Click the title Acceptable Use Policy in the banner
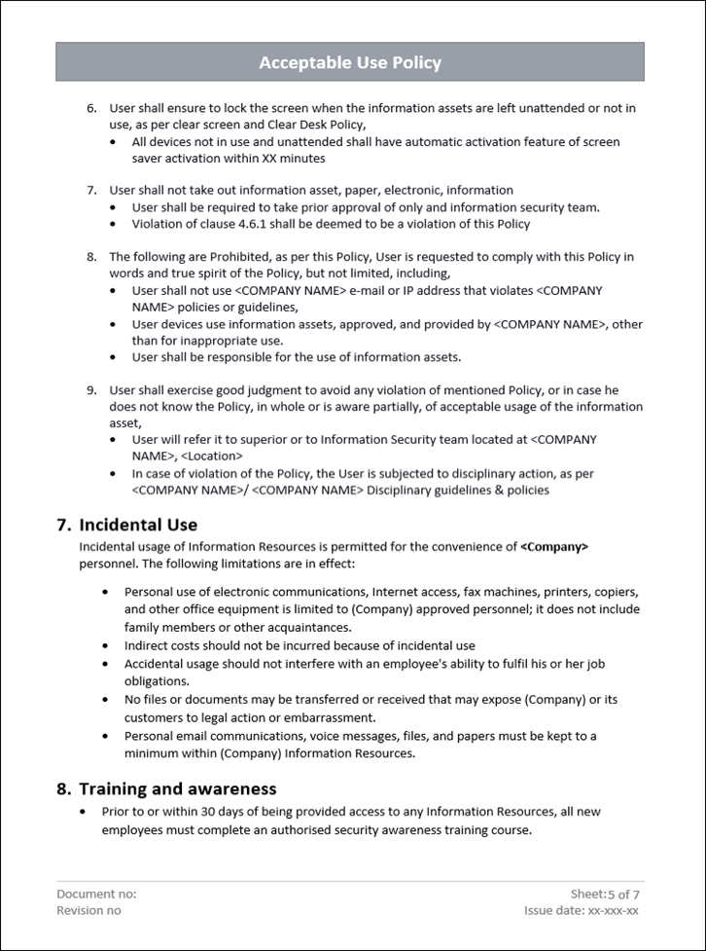pos(350,63)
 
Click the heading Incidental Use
pos(138,525)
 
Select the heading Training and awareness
pos(178,788)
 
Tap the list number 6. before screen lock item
pos(92,108)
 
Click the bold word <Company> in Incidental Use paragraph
pos(554,547)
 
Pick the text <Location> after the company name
pos(211,456)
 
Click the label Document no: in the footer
pos(96,894)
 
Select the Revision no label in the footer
pos(89,910)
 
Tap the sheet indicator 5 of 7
pos(623,894)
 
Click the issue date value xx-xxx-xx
pos(614,910)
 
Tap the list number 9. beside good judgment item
pos(92,389)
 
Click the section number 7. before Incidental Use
pos(64,525)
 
